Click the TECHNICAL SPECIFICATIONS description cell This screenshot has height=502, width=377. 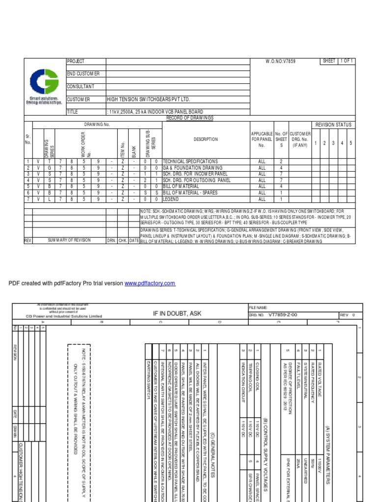190,161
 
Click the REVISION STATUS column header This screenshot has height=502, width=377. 333,125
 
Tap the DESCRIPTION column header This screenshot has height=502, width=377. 206,140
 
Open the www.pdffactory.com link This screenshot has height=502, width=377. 150,284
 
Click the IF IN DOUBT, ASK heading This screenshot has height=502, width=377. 177,313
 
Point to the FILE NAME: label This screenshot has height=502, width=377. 258,307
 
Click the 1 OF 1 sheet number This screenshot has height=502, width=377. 347,61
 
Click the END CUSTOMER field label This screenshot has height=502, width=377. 83,74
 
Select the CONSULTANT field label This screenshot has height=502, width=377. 81,87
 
